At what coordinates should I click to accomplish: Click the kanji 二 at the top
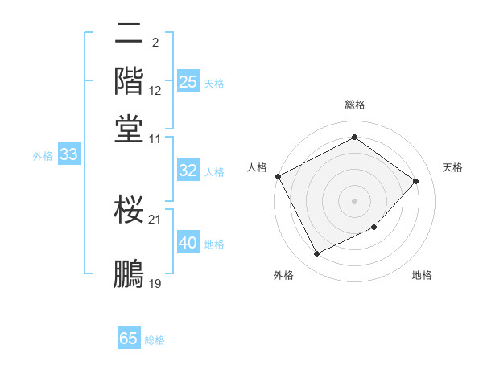[129, 35]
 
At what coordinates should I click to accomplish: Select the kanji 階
[129, 81]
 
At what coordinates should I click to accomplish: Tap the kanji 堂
[129, 128]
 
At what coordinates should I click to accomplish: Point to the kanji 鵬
[129, 274]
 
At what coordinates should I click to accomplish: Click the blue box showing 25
[188, 82]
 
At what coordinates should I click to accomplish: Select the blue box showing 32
[188, 171]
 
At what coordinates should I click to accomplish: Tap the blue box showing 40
[188, 243]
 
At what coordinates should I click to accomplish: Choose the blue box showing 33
[68, 155]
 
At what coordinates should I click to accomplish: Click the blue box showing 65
[129, 339]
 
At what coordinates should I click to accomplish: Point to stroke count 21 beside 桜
[155, 219]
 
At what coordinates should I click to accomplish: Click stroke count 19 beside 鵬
[155, 284]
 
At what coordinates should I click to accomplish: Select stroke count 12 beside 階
[155, 91]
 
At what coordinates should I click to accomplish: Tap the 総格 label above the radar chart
[354, 105]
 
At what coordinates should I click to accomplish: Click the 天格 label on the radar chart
[452, 167]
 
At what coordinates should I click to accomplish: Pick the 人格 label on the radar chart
[258, 167]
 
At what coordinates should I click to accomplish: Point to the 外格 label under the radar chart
[283, 275]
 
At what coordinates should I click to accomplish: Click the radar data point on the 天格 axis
[415, 181]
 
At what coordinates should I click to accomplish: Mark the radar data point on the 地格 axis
[374, 228]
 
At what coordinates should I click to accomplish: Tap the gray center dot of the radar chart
[354, 200]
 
